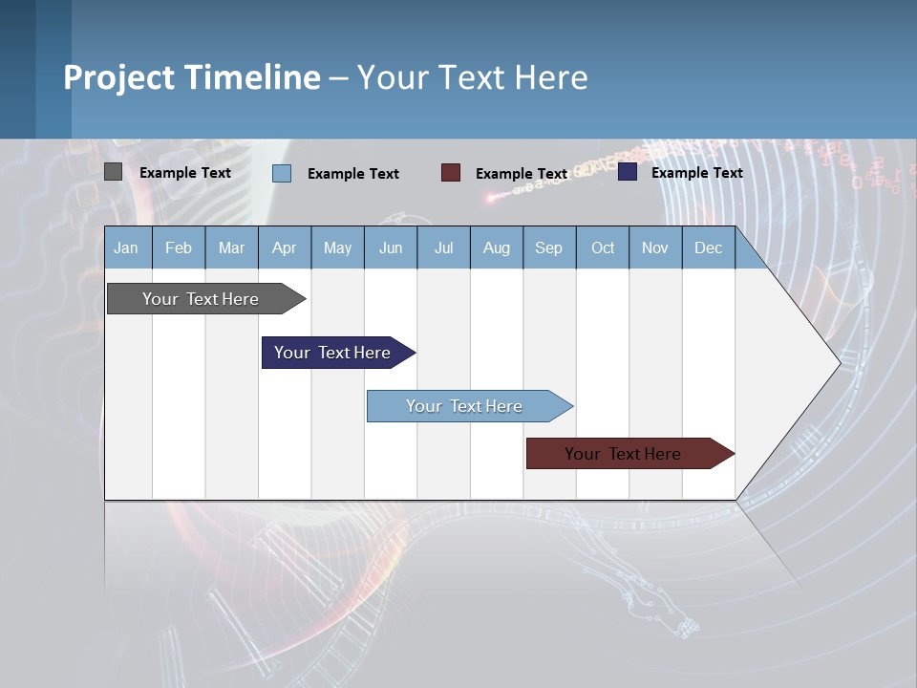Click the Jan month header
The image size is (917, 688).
point(127,247)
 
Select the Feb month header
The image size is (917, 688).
point(179,247)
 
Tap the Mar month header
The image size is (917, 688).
point(231,247)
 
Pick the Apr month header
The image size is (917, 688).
point(285,247)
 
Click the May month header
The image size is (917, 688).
point(337,247)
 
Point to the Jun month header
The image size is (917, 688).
point(391,247)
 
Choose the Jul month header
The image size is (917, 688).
point(443,247)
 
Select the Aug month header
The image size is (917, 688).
point(497,247)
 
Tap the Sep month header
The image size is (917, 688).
point(549,247)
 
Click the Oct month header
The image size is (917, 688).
point(603,247)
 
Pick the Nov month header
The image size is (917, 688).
point(655,247)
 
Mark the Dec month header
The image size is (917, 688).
point(708,247)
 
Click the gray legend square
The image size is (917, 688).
point(114,172)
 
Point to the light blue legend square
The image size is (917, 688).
point(282,173)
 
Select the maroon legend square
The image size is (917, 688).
point(451,172)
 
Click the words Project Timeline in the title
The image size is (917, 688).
point(192,77)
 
